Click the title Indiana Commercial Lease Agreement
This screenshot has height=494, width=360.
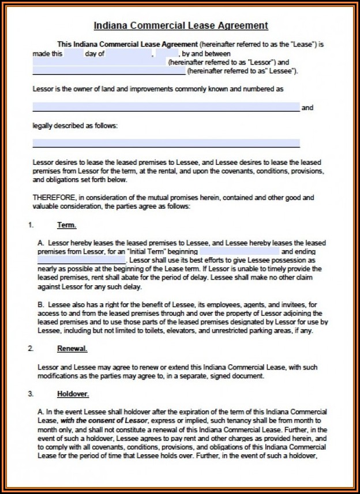point(181,25)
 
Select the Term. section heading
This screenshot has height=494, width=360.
point(66,225)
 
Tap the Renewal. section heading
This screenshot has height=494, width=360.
point(72,349)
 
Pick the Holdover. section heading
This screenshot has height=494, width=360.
point(73,394)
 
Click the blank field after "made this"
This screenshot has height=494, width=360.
point(74,54)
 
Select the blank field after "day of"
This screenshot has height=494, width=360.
point(129,54)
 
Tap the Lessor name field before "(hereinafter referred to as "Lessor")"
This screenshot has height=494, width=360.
point(100,62)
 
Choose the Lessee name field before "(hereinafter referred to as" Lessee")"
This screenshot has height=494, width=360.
point(108,71)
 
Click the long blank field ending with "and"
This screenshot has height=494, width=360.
point(166,107)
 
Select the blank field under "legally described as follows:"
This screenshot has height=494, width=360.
point(166,143)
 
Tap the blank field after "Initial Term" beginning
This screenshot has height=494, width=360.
point(239,252)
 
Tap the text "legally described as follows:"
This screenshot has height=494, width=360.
point(75,125)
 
